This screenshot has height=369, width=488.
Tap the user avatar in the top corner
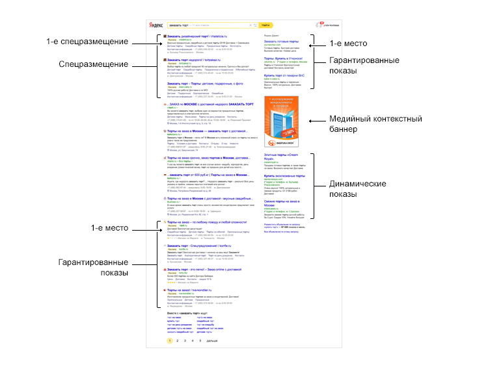pos(322,25)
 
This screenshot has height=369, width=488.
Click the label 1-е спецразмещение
pos(87,42)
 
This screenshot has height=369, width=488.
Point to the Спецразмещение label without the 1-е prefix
pos(93,64)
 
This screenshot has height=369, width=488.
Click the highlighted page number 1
pos(170,340)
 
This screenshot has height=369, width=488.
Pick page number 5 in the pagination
pos(200,340)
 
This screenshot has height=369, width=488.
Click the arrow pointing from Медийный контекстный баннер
pos(319,121)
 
